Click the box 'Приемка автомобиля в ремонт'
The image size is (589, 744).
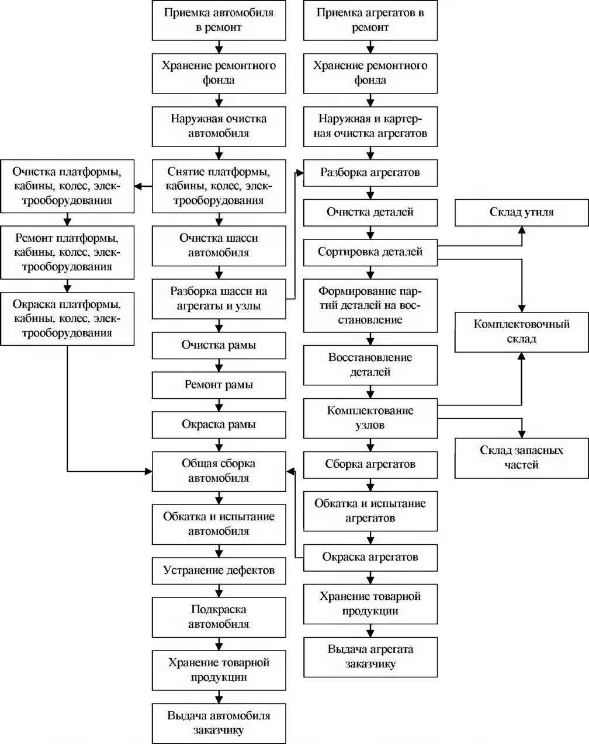219,20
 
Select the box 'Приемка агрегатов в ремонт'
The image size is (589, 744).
370,20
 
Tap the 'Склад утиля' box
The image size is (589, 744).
522,213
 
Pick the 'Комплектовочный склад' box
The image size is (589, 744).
522,332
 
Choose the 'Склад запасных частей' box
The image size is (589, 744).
522,458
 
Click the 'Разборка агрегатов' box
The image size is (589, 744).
370,173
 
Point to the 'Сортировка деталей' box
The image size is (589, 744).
370,252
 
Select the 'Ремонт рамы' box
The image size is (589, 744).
219,385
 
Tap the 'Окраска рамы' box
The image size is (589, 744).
219,425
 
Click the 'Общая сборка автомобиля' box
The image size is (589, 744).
219,471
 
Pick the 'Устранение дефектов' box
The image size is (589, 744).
219,571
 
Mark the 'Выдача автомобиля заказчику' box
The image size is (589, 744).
219,724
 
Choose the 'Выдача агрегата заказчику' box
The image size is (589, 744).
370,657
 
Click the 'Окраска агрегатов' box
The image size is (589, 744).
370,558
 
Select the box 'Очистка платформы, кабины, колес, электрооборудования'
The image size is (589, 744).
67,186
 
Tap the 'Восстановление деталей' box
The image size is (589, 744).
370,365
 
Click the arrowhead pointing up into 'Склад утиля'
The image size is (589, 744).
522,231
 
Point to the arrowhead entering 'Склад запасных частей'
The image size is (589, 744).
522,434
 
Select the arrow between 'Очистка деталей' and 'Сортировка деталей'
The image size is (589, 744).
370,232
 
